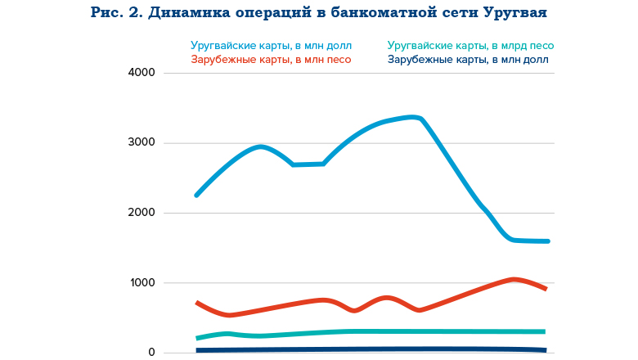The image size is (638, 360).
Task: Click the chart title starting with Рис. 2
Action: tap(318, 14)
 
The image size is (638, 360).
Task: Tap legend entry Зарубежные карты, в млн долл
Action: tap(468, 60)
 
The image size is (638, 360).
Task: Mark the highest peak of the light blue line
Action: tap(413, 117)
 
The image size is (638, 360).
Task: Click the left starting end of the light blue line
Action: tap(196, 195)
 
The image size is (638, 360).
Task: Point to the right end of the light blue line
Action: tap(547, 241)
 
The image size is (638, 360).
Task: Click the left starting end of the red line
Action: tap(197, 303)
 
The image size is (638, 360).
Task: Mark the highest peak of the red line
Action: tap(513, 280)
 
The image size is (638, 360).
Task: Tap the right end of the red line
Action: tap(545, 289)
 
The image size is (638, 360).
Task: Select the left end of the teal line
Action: tap(197, 338)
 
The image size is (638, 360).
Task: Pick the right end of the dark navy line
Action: tap(544, 350)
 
